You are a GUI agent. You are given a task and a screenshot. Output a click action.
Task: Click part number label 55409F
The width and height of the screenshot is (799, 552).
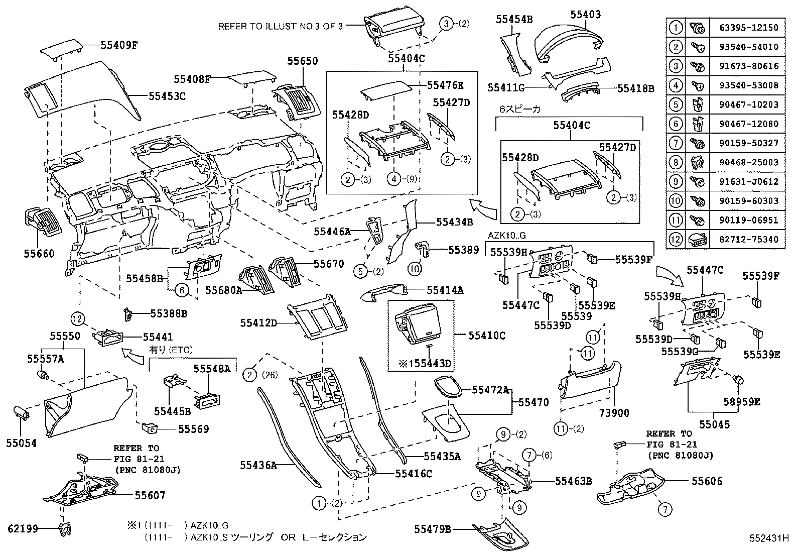[x=119, y=45]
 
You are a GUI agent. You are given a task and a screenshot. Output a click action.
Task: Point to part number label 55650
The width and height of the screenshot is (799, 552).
[x=302, y=61]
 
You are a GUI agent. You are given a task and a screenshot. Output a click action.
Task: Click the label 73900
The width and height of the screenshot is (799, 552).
[x=613, y=413]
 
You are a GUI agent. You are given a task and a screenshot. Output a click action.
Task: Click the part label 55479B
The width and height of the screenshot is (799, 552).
[x=433, y=529]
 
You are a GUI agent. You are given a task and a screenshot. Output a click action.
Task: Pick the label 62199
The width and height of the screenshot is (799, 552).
[x=23, y=528]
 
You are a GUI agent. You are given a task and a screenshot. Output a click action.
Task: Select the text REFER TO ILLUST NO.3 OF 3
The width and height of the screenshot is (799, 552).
[x=281, y=26]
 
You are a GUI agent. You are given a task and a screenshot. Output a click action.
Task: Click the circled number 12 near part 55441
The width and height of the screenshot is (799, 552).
[x=76, y=318]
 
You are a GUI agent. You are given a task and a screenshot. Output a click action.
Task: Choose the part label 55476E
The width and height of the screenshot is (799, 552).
[x=445, y=85]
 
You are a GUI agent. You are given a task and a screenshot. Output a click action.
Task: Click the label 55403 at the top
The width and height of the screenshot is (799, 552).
[x=585, y=15]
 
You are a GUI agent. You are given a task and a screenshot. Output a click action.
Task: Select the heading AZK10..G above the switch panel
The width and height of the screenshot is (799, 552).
[x=506, y=236]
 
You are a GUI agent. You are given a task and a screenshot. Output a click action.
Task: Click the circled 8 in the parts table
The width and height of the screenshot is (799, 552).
[x=676, y=162]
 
